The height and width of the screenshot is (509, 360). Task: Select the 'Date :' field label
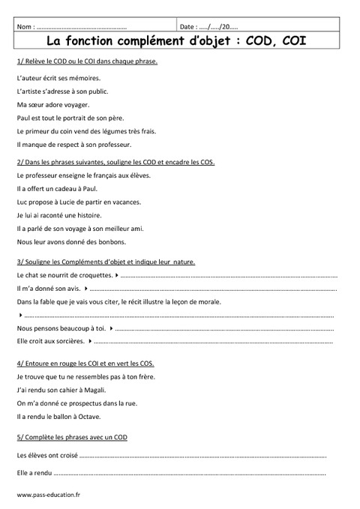[195, 25]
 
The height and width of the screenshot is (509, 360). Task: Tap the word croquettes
[94, 275]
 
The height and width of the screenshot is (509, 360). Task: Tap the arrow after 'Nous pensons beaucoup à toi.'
[110, 328]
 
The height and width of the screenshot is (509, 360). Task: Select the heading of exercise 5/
[70, 436]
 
